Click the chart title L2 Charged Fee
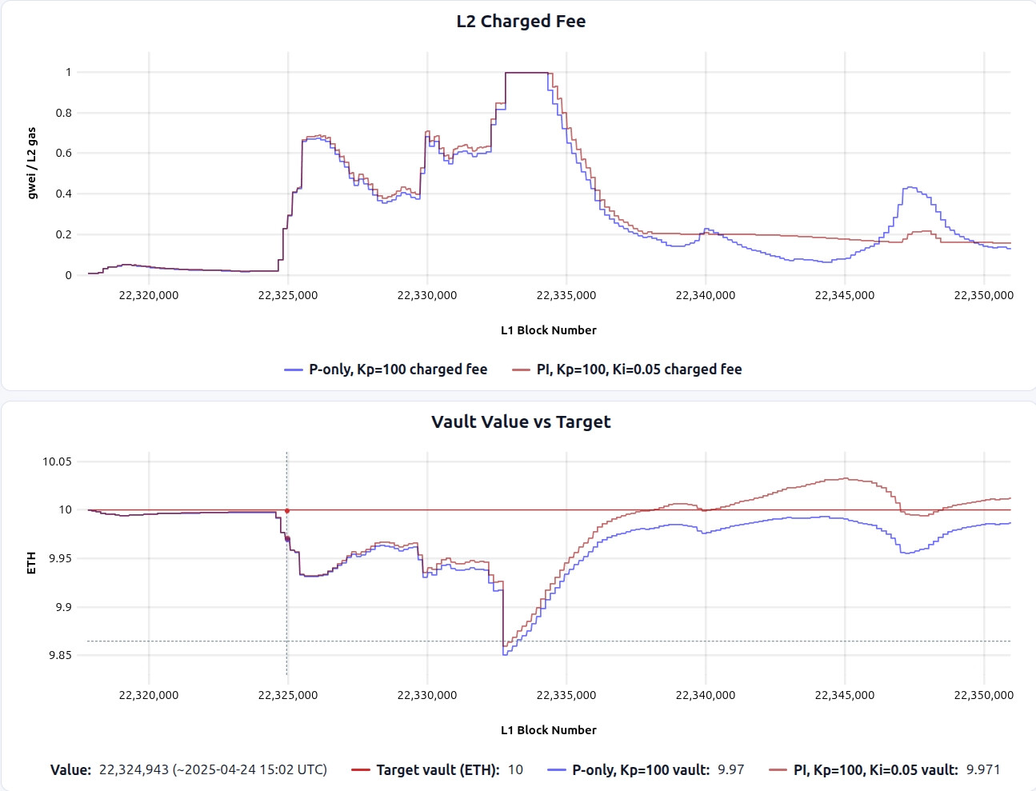tap(521, 22)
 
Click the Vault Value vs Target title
tap(521, 421)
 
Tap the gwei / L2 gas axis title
tap(32, 163)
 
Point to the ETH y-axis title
tap(32, 562)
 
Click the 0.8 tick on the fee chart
tap(64, 113)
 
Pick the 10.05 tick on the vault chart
tap(57, 461)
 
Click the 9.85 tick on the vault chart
tap(60, 655)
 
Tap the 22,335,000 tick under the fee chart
tap(566, 295)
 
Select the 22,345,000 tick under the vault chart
tap(844, 695)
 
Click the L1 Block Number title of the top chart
tap(548, 330)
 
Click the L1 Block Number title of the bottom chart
tap(548, 730)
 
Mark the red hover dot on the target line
tap(287, 510)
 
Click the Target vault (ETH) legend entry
tap(438, 769)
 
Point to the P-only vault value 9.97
tap(730, 769)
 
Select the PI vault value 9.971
tap(983, 769)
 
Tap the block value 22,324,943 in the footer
tap(134, 769)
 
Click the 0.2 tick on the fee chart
tap(64, 234)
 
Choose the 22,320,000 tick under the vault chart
tap(149, 695)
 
